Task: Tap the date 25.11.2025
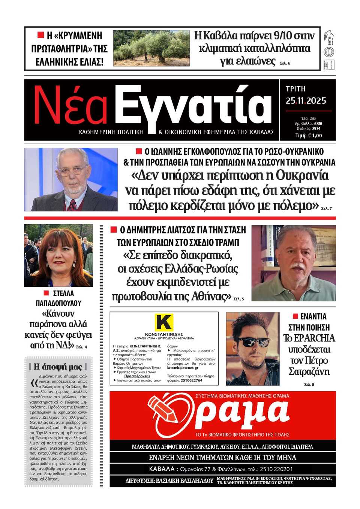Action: tap(306, 101)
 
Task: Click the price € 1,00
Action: tap(315, 136)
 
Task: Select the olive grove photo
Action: tap(151, 48)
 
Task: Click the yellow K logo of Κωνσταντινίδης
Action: tap(164, 322)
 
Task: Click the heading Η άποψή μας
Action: tap(58, 367)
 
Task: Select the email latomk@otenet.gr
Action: tap(183, 368)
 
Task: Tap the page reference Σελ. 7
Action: tap(326, 208)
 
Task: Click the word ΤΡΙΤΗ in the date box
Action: tap(295, 89)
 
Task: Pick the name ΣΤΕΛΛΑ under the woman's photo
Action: tap(63, 293)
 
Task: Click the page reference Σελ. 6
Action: tap(285, 63)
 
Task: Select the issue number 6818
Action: tap(318, 123)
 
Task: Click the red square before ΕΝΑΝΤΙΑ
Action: tap(295, 316)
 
